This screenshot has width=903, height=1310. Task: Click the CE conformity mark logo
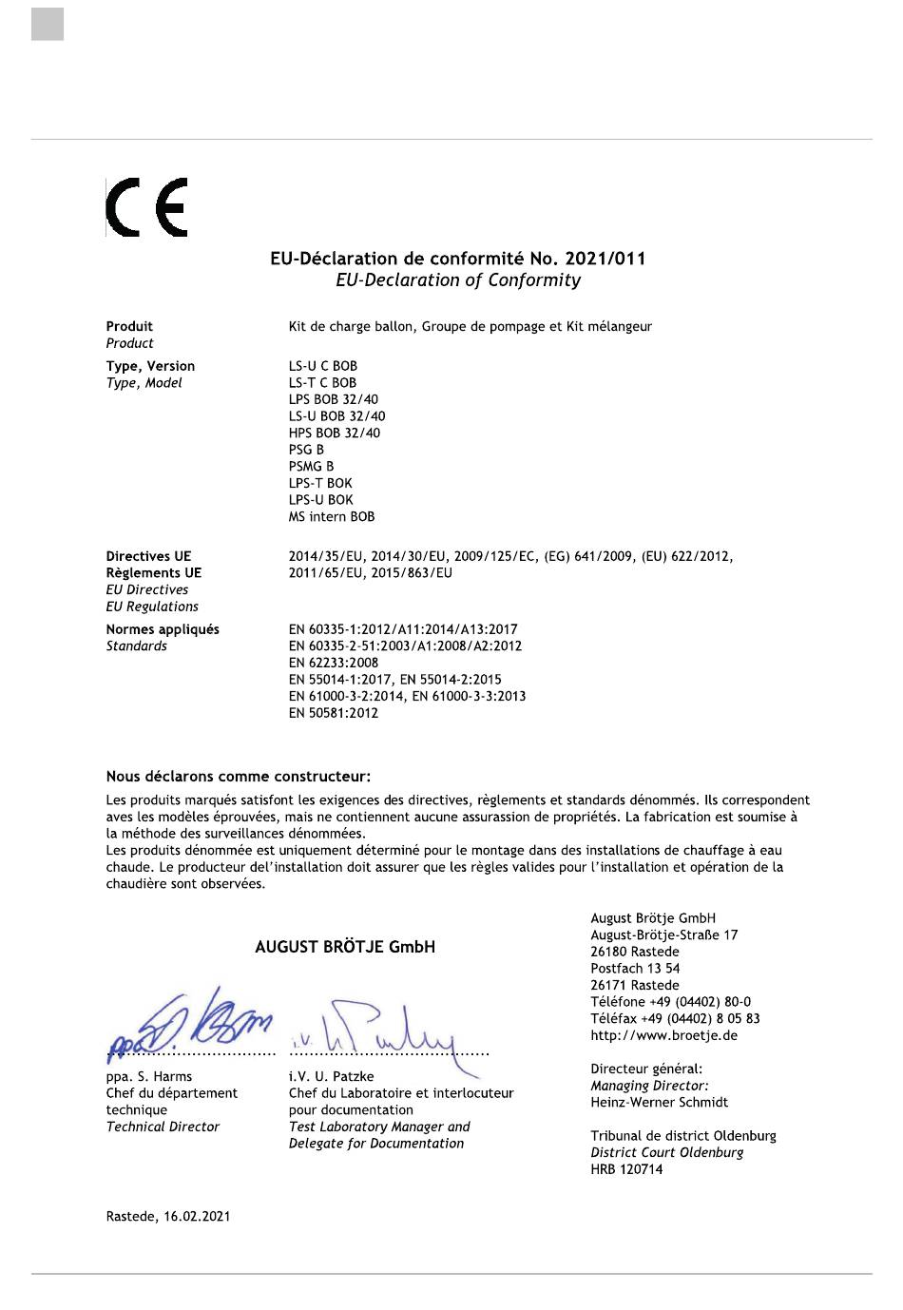pos(146,207)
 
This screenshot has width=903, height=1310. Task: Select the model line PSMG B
pos(311,467)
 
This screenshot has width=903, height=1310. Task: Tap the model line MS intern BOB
pos(332,517)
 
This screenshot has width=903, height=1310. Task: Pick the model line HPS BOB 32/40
pos(334,433)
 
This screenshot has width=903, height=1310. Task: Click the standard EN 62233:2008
pos(333,663)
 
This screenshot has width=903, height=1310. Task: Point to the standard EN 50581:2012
pos(333,713)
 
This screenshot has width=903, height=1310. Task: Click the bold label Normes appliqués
pos(163,629)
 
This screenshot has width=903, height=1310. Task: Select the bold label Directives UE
pos(148,556)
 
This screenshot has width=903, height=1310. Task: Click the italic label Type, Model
pos(144,383)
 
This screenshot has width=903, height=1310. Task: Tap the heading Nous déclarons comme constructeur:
pos(238,777)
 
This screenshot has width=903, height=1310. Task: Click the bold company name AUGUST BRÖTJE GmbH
pos(345,947)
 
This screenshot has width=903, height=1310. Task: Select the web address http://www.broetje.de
pos(663,1035)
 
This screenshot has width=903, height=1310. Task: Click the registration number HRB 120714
pos(626,1169)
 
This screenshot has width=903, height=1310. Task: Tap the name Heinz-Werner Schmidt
pos(659,1103)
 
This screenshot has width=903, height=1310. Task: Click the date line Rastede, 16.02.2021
pos(167,1217)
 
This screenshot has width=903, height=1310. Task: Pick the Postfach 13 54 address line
pos(635,969)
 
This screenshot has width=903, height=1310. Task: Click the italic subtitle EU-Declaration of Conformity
pos(457,280)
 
